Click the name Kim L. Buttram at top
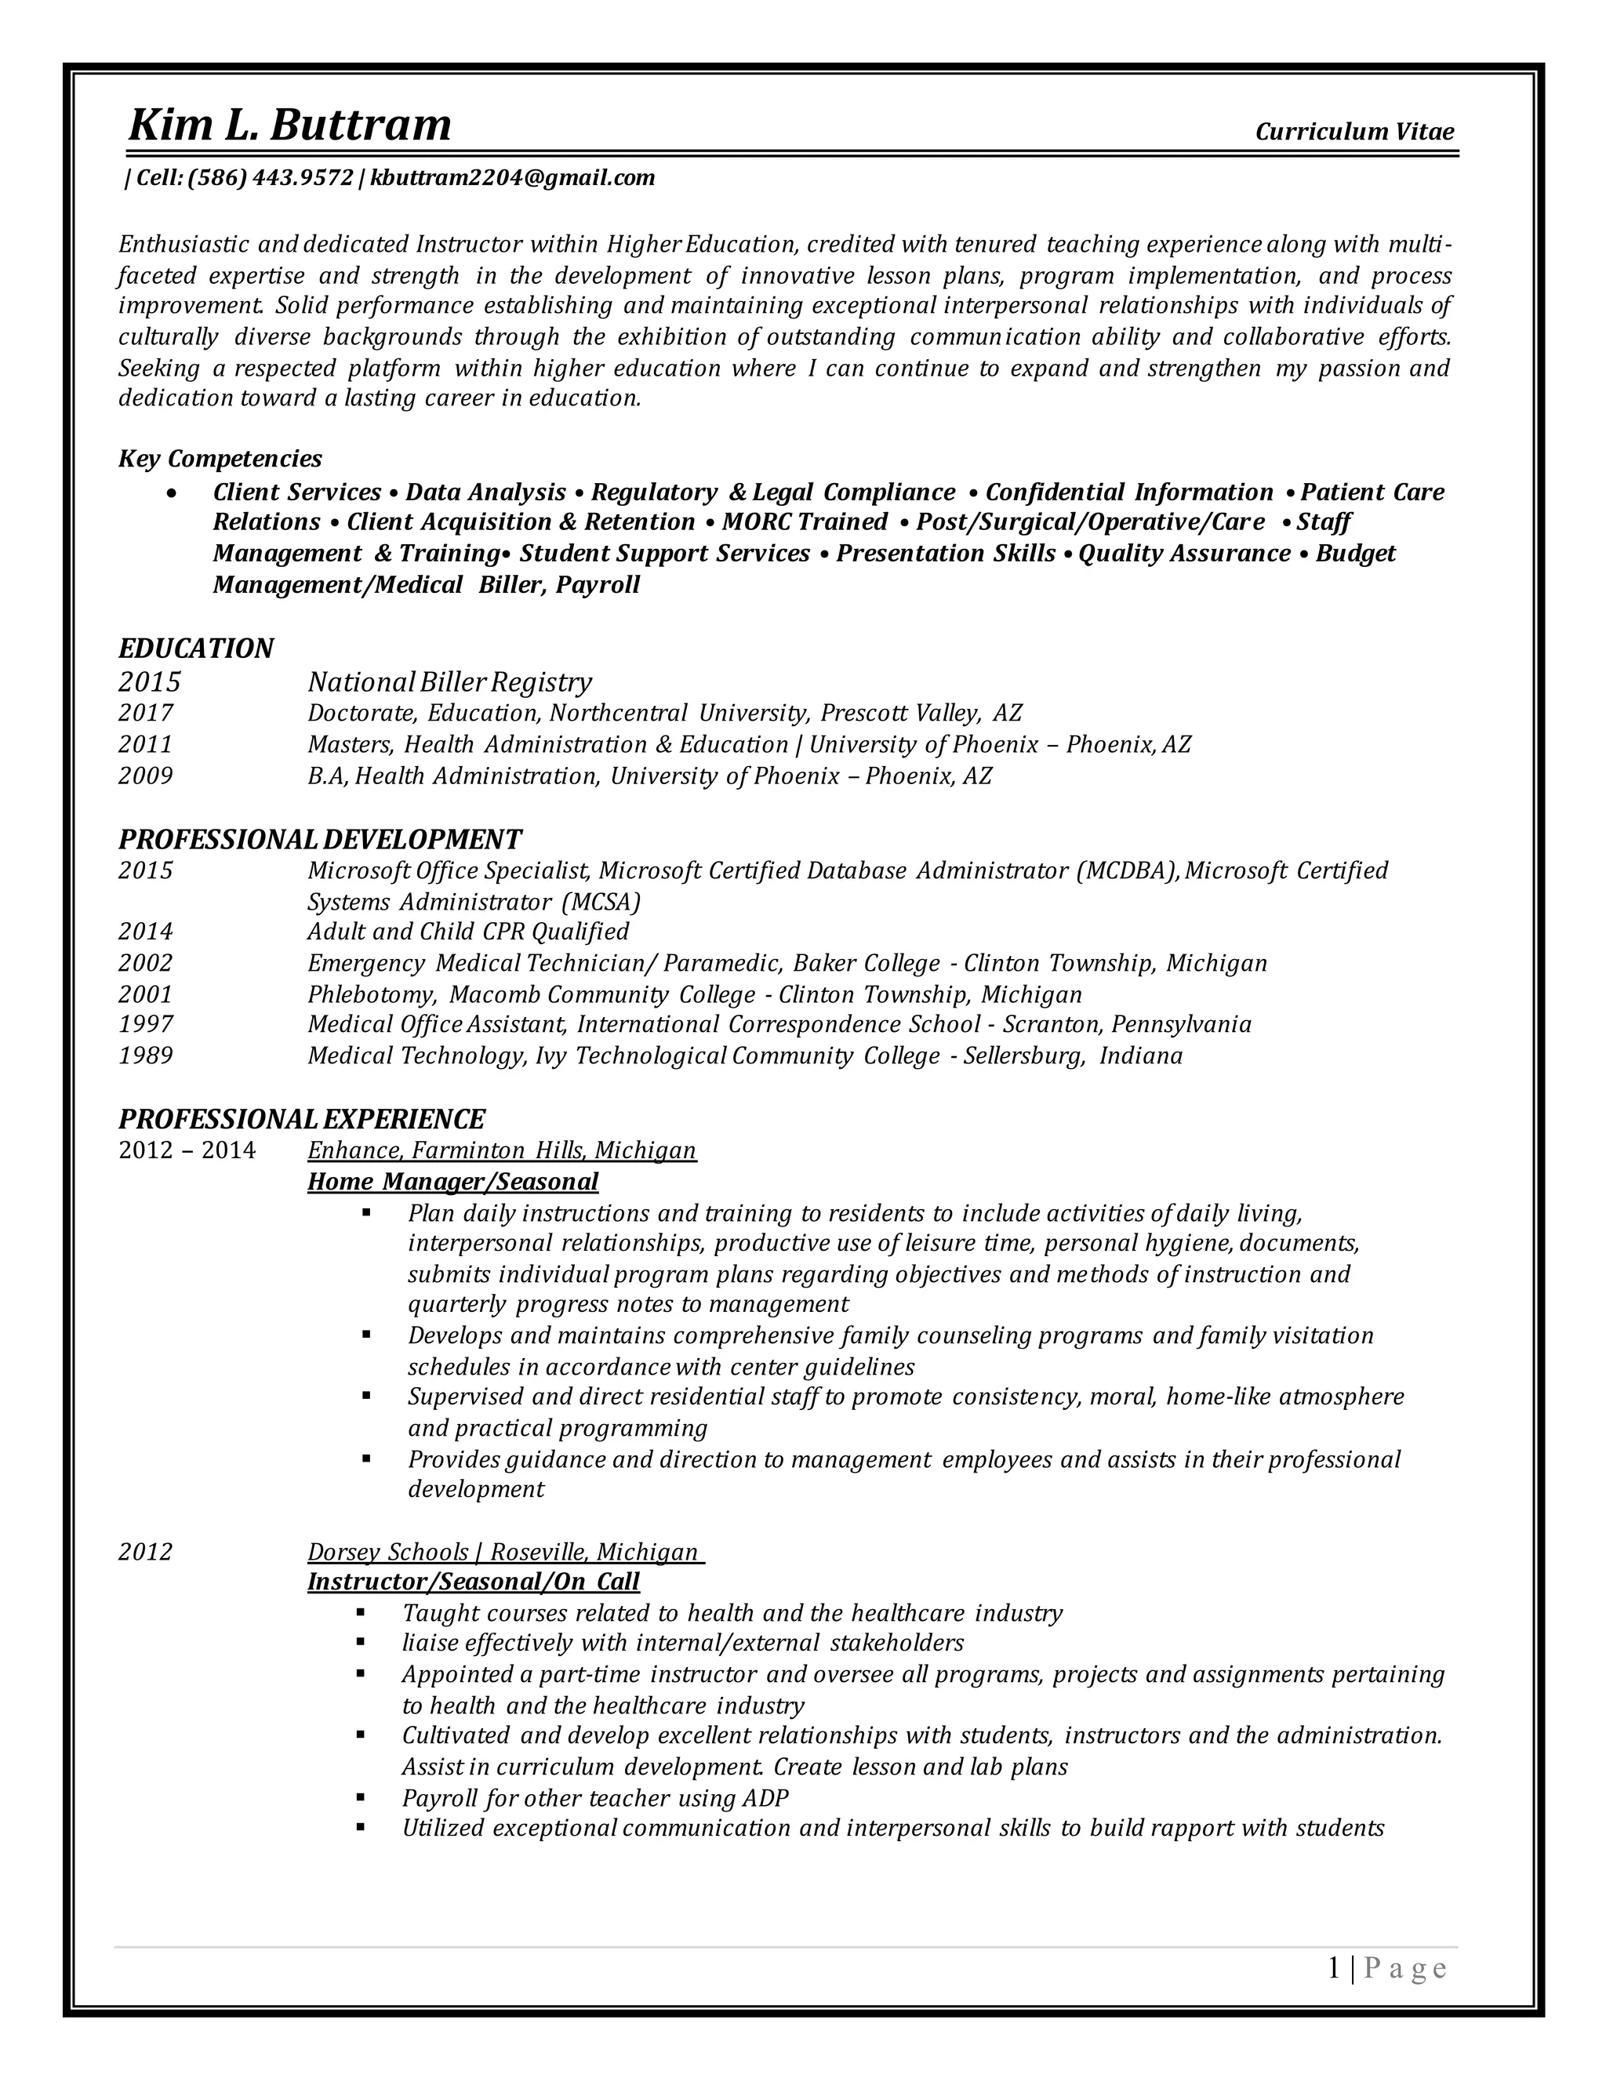tap(289, 125)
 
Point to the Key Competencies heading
tap(220, 459)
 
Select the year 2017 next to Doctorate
tap(146, 713)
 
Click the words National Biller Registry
tap(449, 681)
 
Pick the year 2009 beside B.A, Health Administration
tap(146, 776)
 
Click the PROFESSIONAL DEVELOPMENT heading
tap(320, 839)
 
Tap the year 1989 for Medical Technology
tap(146, 1055)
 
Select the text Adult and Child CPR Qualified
tap(468, 931)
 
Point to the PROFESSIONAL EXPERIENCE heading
tap(302, 1118)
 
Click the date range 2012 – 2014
tap(187, 1150)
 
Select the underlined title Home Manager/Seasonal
tap(453, 1182)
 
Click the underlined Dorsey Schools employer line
tap(503, 1552)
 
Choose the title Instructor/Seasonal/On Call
tap(473, 1582)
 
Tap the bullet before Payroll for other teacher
tap(361, 1797)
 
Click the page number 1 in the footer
tap(1334, 1968)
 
